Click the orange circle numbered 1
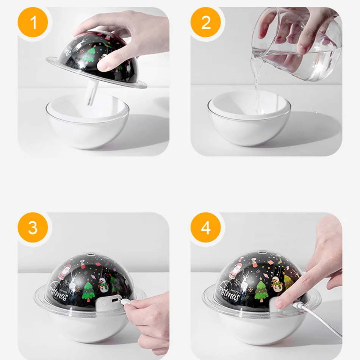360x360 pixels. click(x=33, y=22)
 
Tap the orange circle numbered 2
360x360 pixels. click(x=205, y=22)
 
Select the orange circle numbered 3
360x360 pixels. click(x=33, y=227)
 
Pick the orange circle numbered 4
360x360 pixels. click(x=205, y=227)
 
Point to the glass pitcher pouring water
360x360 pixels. click(x=296, y=44)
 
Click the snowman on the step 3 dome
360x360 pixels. click(x=103, y=285)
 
